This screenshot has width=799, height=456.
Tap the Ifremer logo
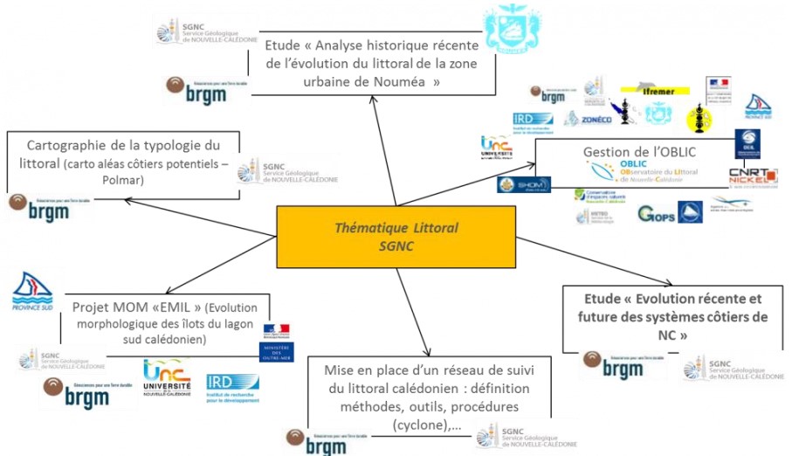coord(655,89)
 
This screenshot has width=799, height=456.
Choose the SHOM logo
coord(512,184)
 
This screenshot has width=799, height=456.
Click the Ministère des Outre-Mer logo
coord(277,342)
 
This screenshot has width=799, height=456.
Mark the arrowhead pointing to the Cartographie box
coord(128,200)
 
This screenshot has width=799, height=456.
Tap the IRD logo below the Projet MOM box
coord(232,383)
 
